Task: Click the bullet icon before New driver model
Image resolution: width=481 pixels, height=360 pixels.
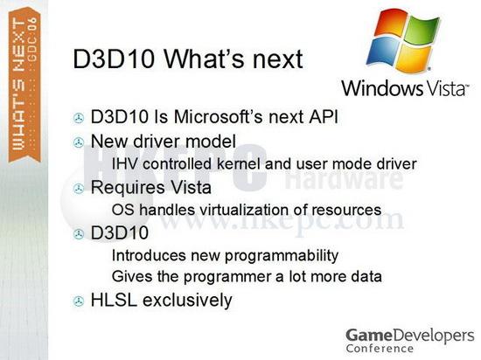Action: (x=79, y=142)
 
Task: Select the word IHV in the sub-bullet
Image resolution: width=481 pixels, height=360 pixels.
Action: (x=126, y=163)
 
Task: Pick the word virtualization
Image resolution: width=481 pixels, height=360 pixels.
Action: (x=242, y=210)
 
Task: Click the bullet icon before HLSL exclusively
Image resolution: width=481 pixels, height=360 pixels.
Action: (x=79, y=301)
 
